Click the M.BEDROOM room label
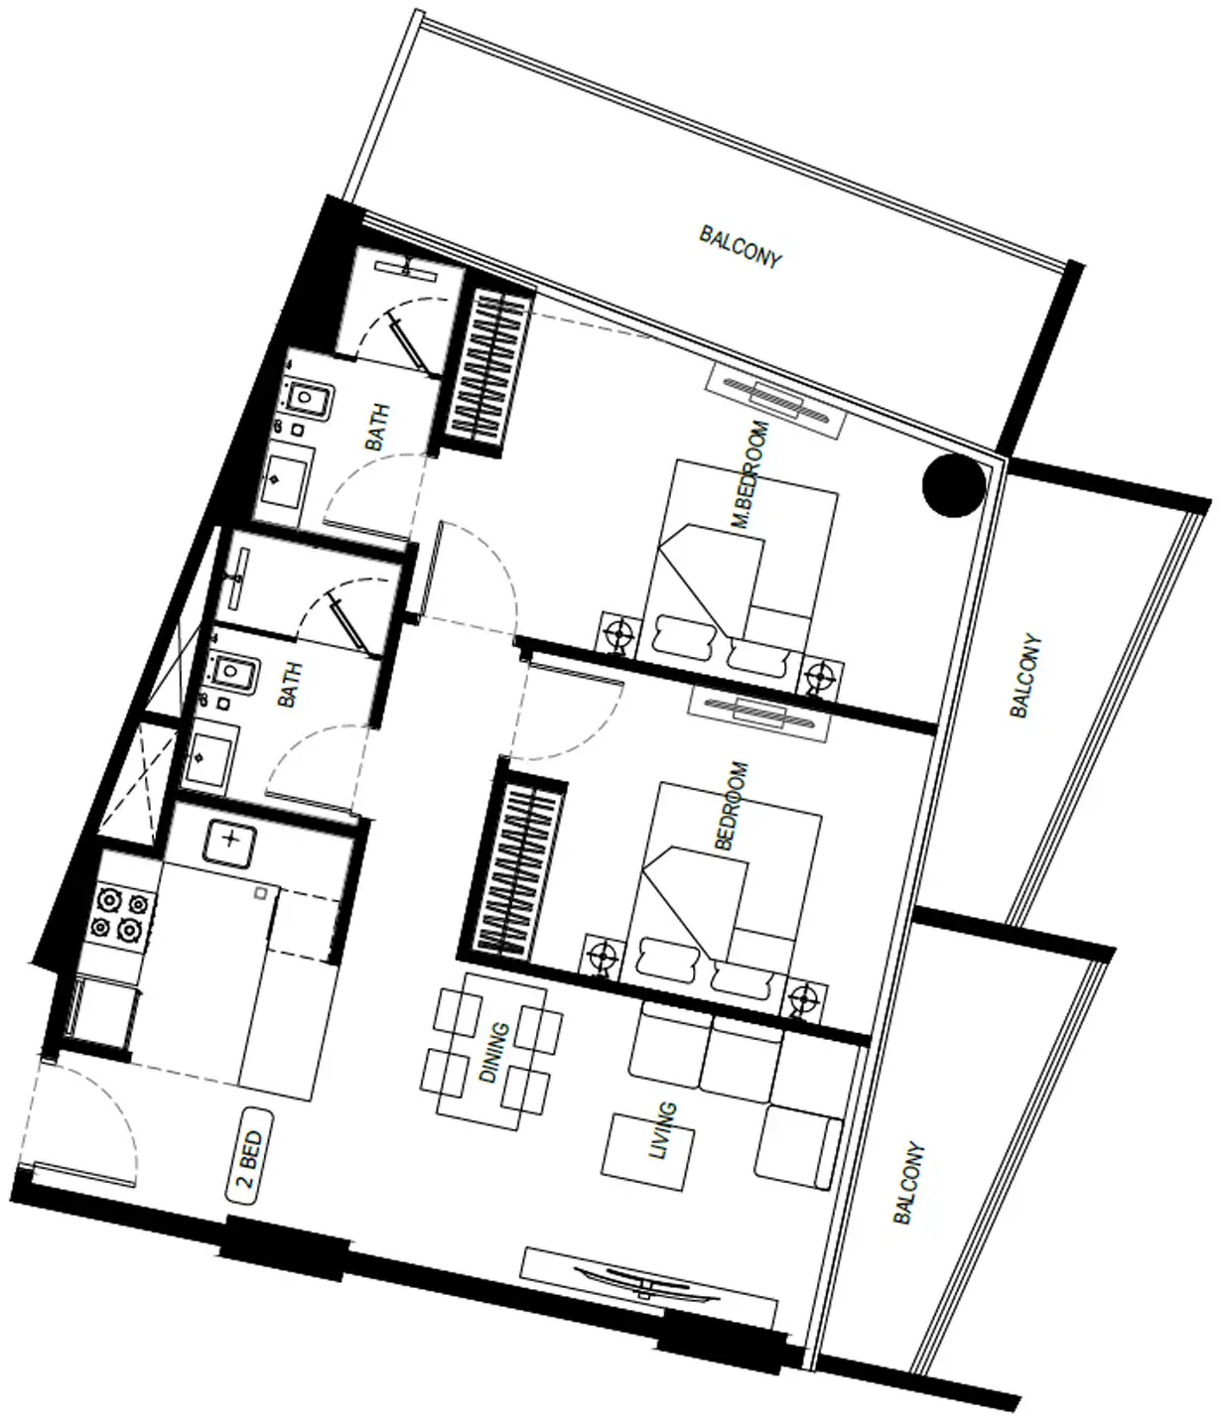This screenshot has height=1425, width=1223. (750, 474)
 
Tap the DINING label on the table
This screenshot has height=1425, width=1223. (494, 1053)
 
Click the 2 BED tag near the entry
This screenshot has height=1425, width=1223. (250, 1157)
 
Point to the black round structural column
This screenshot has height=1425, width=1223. (953, 485)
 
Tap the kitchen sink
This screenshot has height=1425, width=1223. (229, 842)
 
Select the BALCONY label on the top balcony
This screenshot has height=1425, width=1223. (741, 247)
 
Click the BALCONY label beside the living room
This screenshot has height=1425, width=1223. (909, 1183)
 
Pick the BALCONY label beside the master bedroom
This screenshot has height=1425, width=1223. (1025, 676)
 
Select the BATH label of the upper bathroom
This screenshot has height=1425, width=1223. (376, 428)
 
